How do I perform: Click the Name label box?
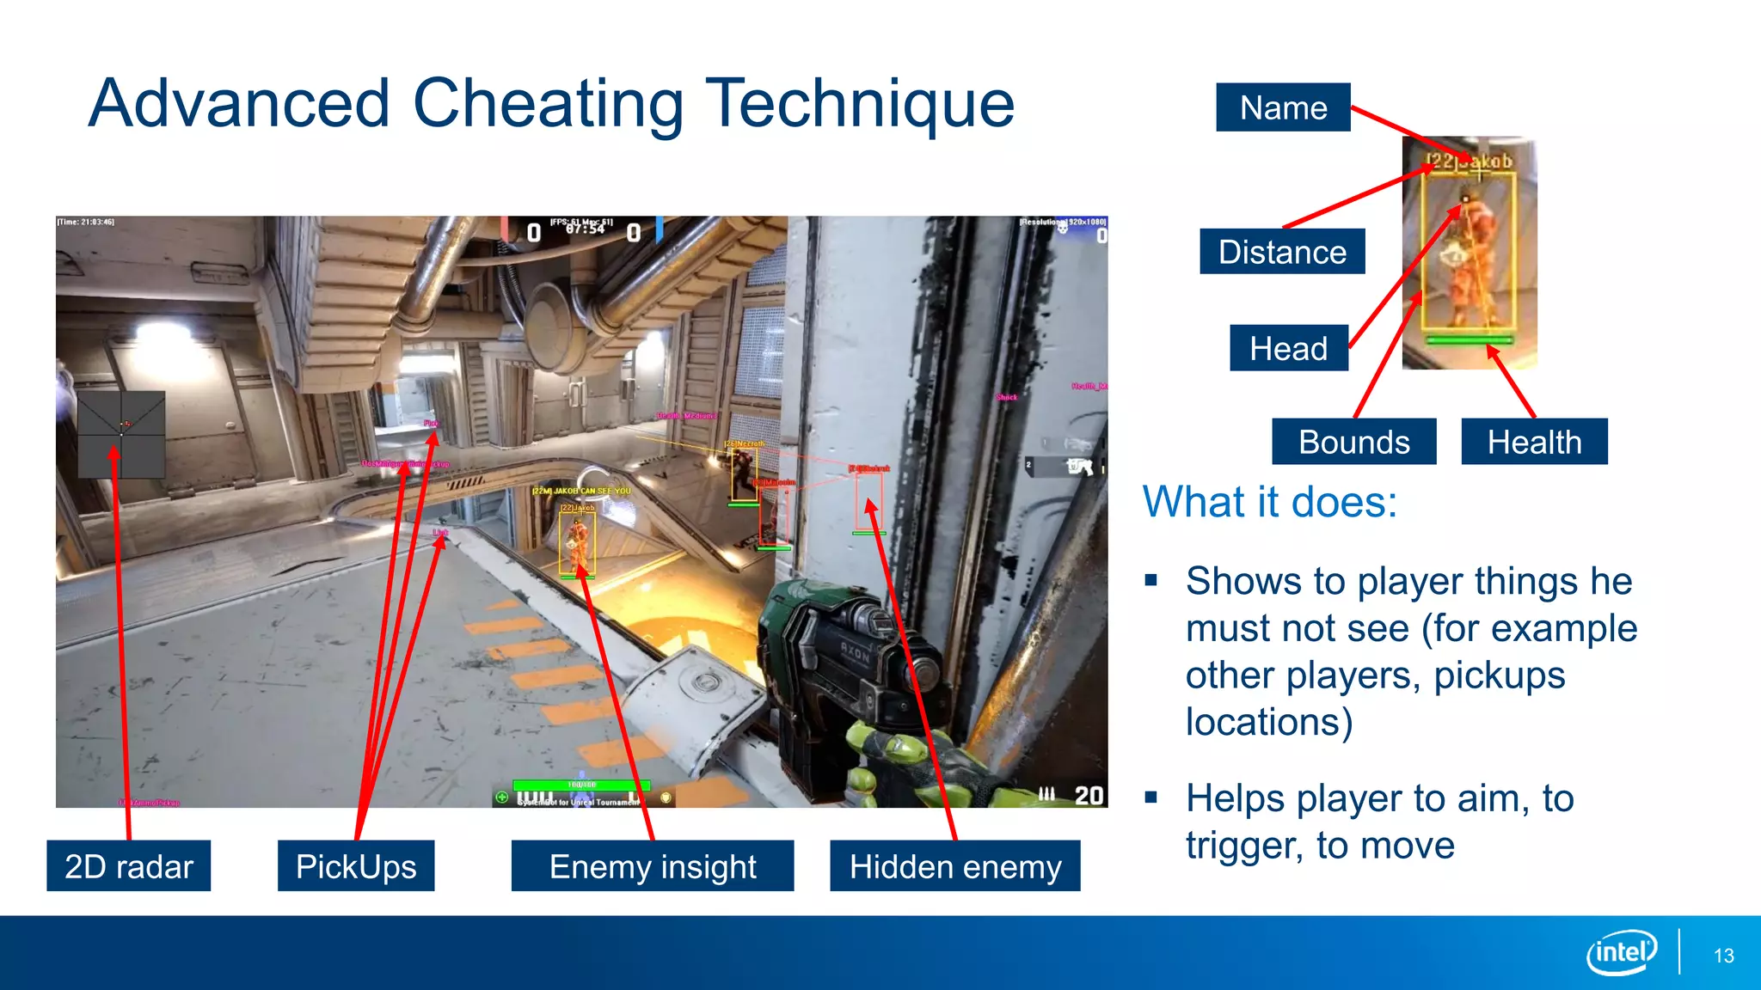coord(1283,107)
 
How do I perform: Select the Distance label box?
coord(1282,252)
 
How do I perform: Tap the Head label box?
coord(1288,348)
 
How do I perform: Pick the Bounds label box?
coord(1353,442)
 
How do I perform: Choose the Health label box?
coord(1534,442)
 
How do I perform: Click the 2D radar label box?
coord(129,865)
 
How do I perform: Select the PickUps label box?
coord(356,865)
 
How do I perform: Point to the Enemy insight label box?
coord(653,865)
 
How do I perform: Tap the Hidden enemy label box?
coord(954,865)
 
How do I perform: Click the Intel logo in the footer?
coord(1622,952)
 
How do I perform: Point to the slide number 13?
coord(1723,956)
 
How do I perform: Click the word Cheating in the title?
coord(549,104)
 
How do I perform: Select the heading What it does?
coord(1269,501)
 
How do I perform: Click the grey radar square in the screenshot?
coord(121,434)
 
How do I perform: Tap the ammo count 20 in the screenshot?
coord(1089,795)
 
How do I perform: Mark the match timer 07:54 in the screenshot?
coord(584,229)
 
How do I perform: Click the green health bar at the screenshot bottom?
coord(581,785)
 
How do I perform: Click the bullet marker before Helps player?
coord(1151,797)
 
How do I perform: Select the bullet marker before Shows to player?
coord(1151,581)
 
